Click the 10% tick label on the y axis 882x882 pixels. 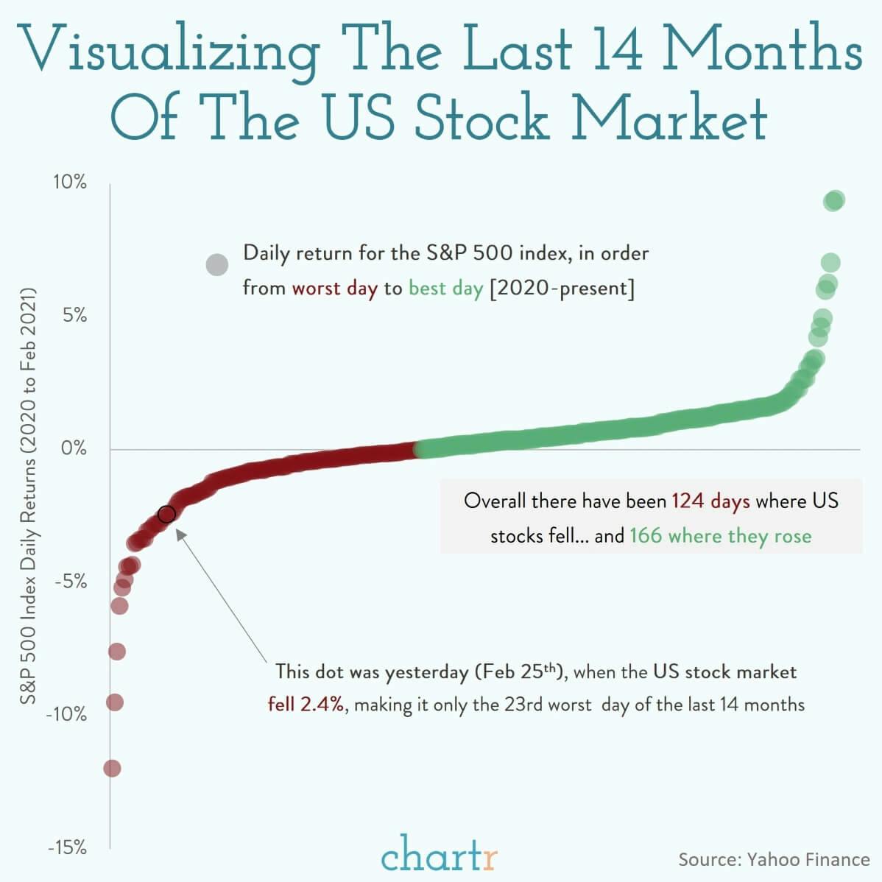click(69, 182)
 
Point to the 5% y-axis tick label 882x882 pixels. click(73, 316)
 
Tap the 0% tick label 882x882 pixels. click(73, 448)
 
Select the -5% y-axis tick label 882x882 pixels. click(70, 582)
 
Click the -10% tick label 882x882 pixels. click(66, 714)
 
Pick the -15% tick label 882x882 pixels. click(66, 847)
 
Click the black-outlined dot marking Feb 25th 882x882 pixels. click(166, 514)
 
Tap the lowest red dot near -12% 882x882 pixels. click(112, 769)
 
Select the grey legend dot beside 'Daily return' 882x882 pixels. click(216, 264)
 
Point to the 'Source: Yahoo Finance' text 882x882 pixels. click(773, 859)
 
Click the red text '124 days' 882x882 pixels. click(710, 501)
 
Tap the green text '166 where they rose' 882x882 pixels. click(720, 536)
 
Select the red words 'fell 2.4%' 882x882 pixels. click(306, 705)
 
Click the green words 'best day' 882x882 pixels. click(445, 288)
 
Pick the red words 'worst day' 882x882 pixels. click(334, 288)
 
